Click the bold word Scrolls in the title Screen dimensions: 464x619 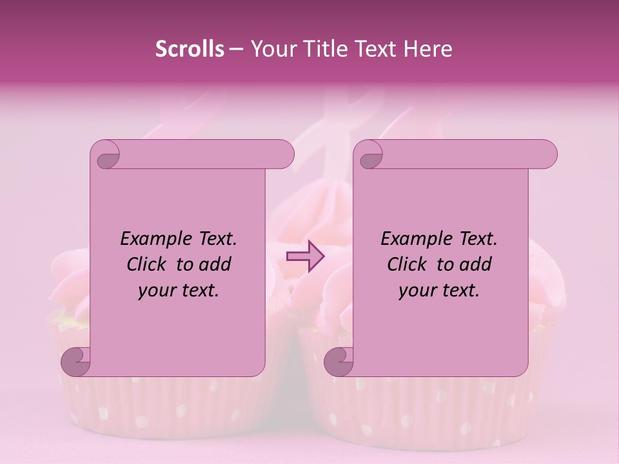click(x=190, y=49)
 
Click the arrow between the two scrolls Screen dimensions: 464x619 click(x=305, y=256)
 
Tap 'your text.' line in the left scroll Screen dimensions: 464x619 click(x=179, y=290)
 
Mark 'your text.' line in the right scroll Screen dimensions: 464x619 click(x=439, y=290)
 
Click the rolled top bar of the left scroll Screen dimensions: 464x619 click(x=200, y=154)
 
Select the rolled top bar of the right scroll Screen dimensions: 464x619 click(x=464, y=154)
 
